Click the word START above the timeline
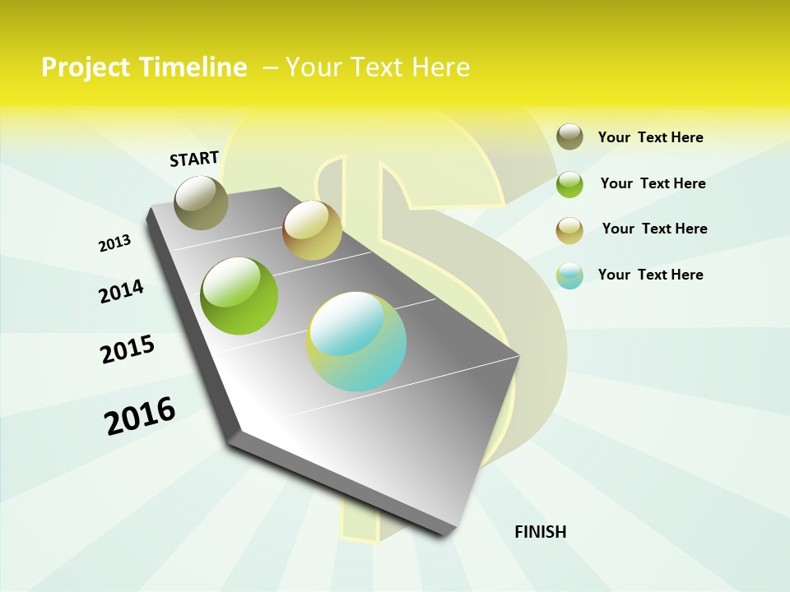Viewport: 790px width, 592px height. pos(194,159)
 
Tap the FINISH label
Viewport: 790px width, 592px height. pos(540,532)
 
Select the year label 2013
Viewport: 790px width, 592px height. pos(115,243)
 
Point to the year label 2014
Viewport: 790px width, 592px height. pos(122,291)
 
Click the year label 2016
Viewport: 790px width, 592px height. pos(140,415)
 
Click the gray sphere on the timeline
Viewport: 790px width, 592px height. pos(202,202)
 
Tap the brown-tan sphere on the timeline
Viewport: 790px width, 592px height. pos(312,230)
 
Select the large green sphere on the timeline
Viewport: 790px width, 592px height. pos(239,296)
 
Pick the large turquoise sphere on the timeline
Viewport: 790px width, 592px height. pos(356,341)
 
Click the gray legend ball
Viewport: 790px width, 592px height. pos(569,136)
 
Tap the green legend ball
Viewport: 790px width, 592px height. pos(569,184)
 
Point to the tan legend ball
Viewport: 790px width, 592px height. pos(569,230)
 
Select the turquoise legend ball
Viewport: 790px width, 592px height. pos(569,275)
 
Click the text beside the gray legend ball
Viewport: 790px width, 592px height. pos(650,137)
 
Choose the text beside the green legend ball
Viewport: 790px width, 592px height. pos(653,183)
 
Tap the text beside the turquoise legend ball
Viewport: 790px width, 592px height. pos(650,275)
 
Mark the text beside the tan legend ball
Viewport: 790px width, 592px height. pos(654,229)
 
